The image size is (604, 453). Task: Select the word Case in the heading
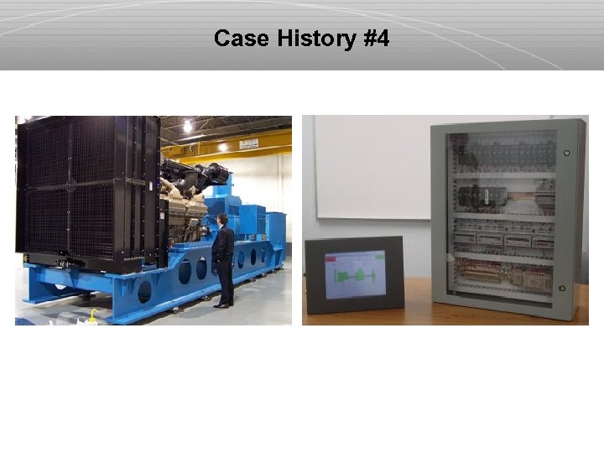tap(237, 39)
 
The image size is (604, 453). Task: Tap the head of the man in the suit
tap(223, 220)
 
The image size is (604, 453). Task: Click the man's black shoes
tap(221, 305)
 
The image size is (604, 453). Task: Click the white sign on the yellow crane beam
tap(248, 143)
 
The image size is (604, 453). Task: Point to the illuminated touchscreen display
tap(355, 273)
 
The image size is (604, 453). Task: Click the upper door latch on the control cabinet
tap(567, 154)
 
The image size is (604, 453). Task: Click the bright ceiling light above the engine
tap(187, 126)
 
